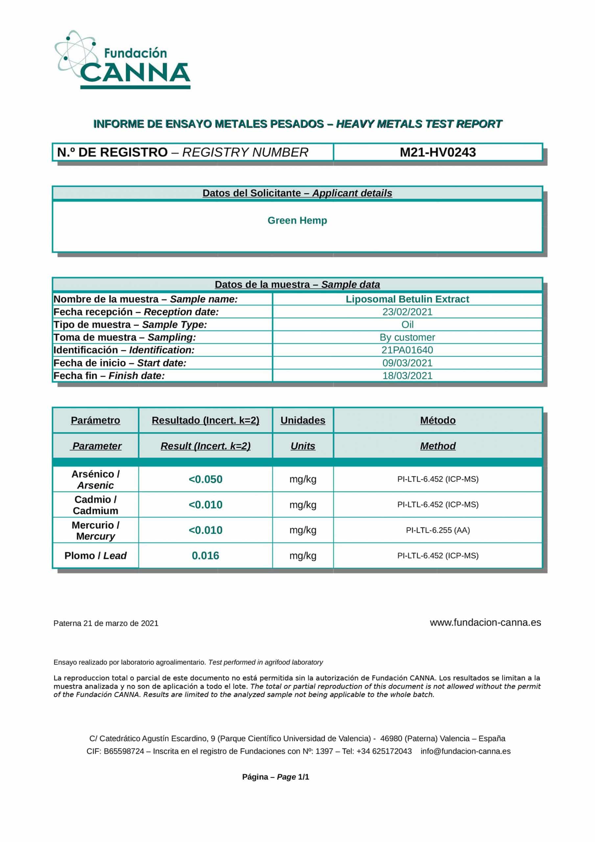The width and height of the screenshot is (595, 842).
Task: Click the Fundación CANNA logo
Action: click(123, 60)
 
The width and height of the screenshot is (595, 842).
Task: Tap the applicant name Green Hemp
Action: click(297, 220)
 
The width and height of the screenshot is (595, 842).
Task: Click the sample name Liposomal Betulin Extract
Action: click(407, 299)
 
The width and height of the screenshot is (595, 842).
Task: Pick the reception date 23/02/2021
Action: click(407, 312)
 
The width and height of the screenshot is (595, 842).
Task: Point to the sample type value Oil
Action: click(407, 325)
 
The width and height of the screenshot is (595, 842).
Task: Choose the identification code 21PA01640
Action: click(407, 350)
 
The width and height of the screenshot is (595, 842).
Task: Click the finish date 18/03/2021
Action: click(407, 376)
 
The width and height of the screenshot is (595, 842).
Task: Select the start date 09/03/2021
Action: click(407, 363)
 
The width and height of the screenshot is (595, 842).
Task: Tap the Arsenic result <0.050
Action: click(205, 479)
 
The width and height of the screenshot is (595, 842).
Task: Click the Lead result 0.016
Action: click(205, 556)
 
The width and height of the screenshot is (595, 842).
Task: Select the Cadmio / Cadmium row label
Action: click(95, 505)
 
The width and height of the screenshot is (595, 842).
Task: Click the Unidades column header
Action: click(302, 420)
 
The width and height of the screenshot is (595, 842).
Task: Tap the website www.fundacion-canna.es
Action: click(485, 622)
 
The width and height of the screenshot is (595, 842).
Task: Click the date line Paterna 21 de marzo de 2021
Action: click(106, 623)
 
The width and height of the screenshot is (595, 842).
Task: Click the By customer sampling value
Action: click(407, 337)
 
